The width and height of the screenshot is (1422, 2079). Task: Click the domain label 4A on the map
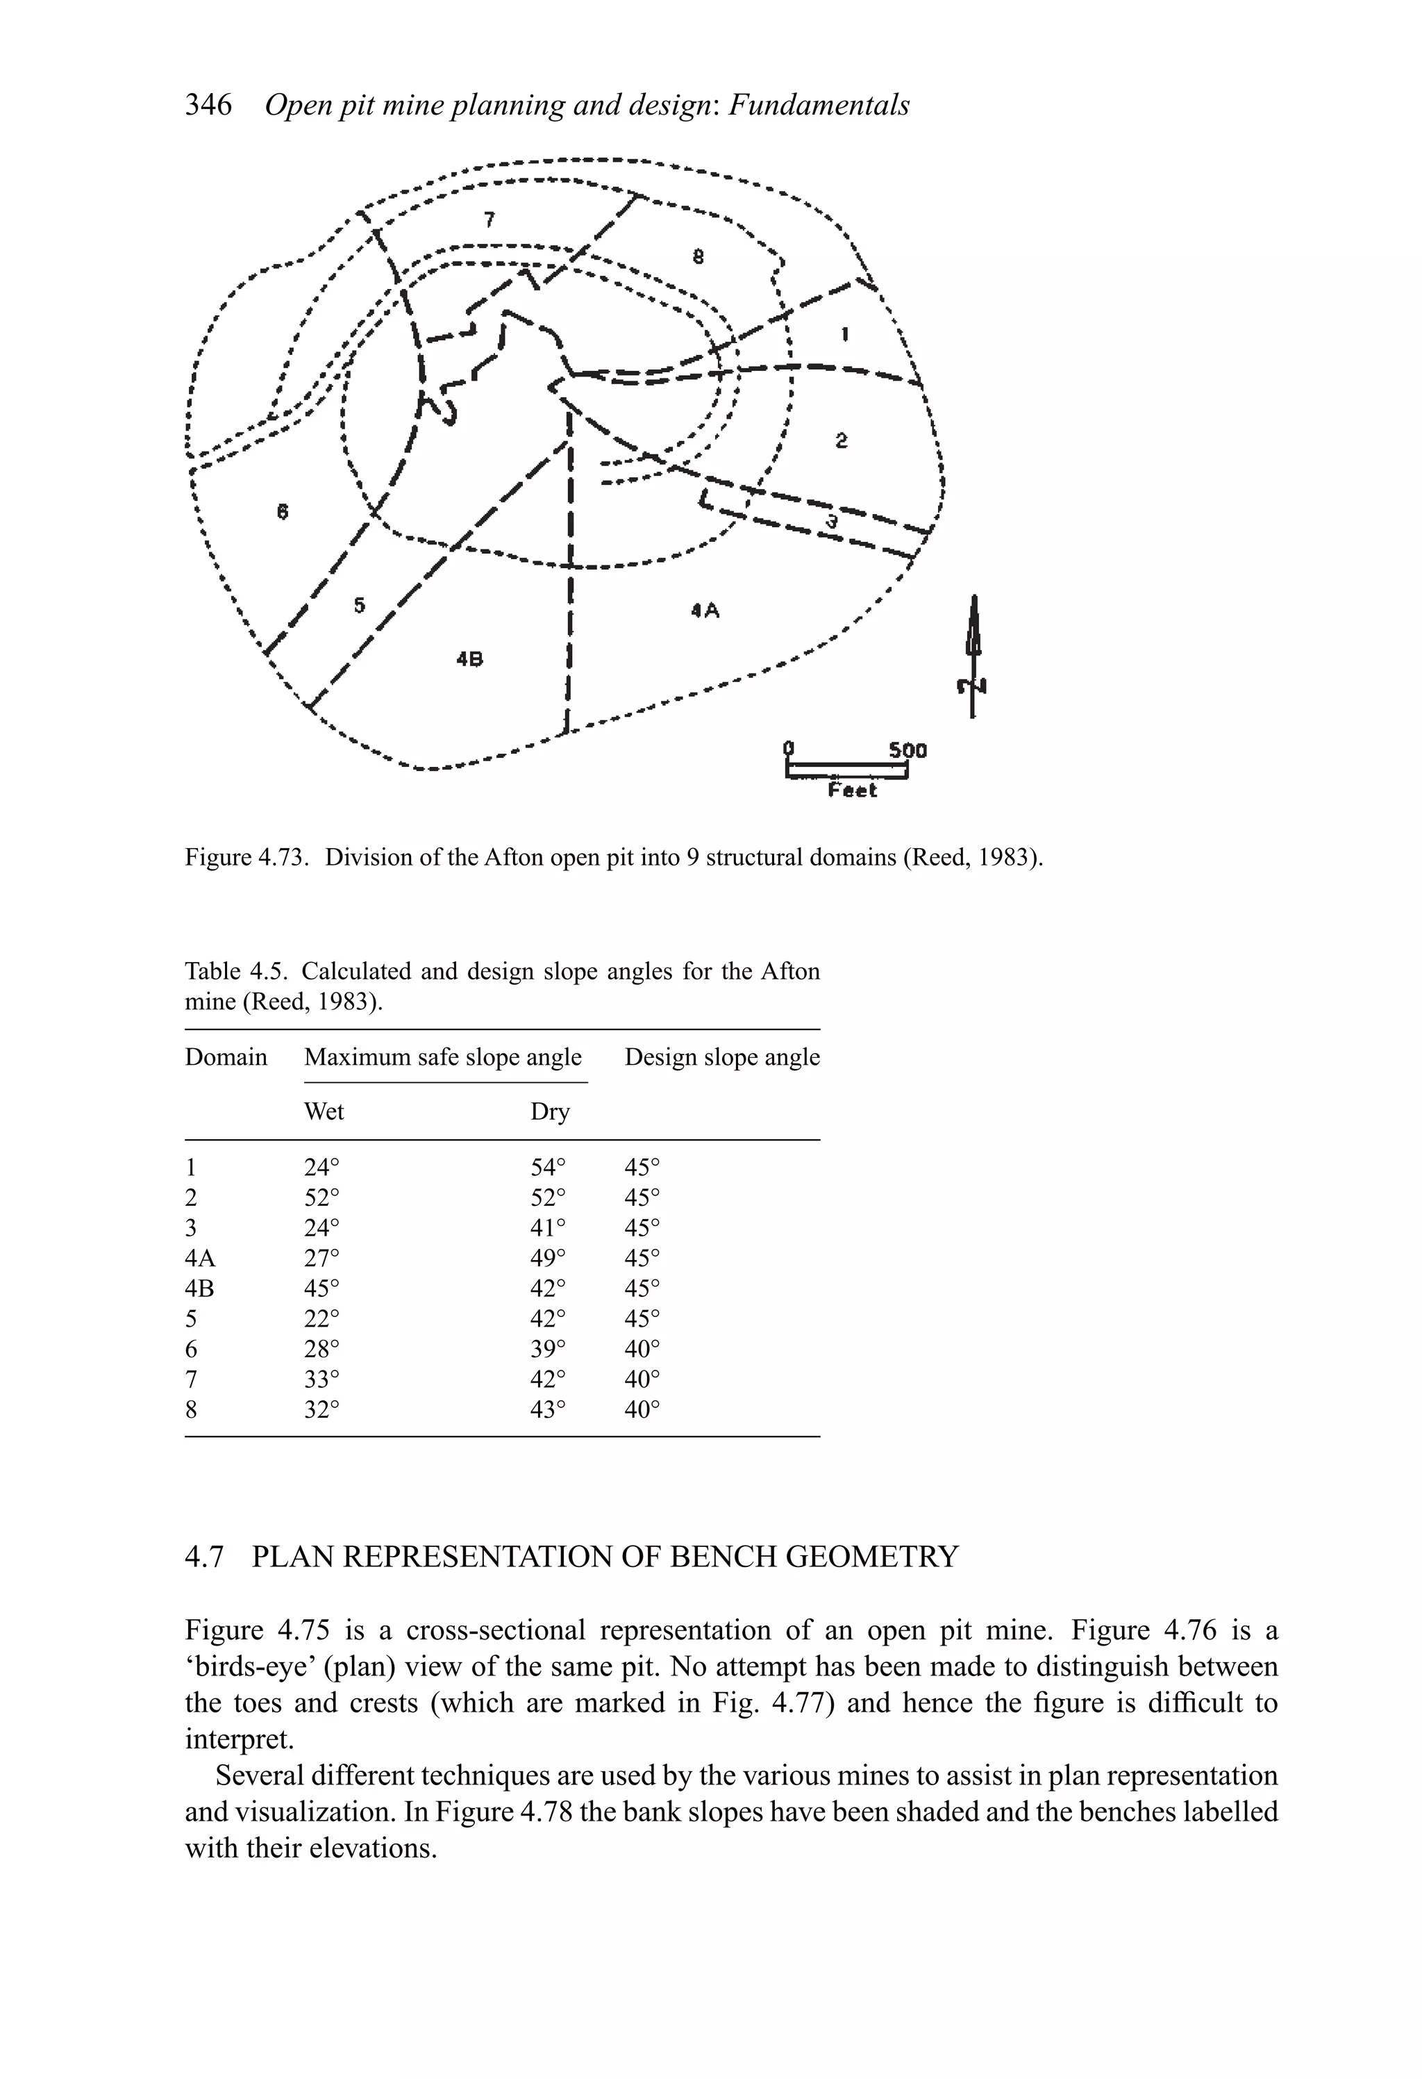click(705, 611)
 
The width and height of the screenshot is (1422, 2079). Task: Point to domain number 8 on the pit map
click(699, 258)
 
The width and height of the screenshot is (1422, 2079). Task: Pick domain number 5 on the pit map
click(359, 606)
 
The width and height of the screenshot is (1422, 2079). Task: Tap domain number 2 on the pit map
click(842, 440)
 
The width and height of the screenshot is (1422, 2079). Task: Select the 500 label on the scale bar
click(907, 749)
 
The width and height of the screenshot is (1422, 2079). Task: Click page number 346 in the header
click(208, 106)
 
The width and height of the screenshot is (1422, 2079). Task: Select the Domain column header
click(226, 1057)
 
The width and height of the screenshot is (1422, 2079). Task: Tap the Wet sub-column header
click(324, 1112)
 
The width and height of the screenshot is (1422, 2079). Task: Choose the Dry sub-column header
click(549, 1112)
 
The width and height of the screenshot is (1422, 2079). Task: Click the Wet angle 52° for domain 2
click(322, 1197)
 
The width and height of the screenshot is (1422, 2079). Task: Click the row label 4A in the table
click(201, 1258)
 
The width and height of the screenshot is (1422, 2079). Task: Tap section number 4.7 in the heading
click(204, 1557)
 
